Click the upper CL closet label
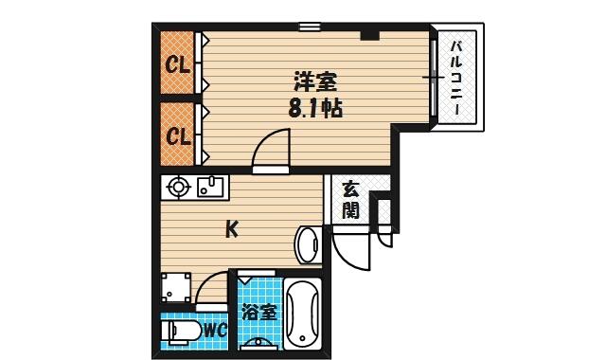coord(178,64)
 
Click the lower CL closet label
coord(178,136)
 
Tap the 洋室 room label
coord(315,81)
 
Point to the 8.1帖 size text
coord(315,109)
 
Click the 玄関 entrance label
coord(351,200)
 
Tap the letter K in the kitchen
coord(231,229)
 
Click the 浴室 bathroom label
coord(260,313)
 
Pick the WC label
coord(215,331)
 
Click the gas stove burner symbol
coord(178,188)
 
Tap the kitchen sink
coord(210,187)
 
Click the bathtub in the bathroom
coord(303,314)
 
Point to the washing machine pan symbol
coord(176,287)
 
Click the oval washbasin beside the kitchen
coord(308,245)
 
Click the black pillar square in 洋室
coord(370,36)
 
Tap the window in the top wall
coord(310,27)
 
